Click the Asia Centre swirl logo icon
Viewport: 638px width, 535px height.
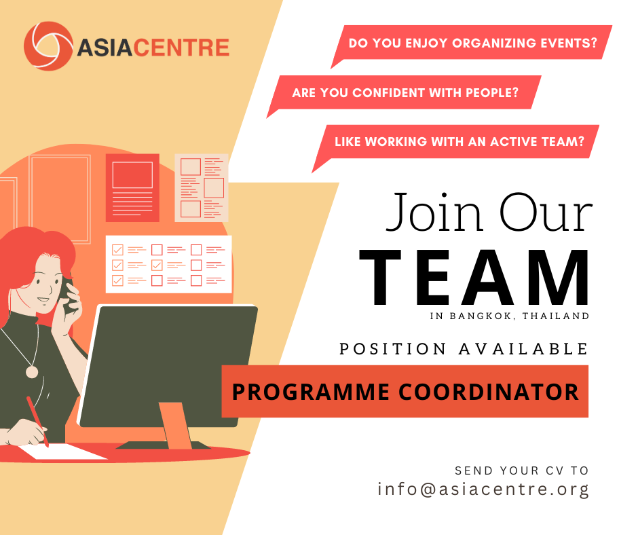point(48,45)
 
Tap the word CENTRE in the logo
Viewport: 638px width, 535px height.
point(181,48)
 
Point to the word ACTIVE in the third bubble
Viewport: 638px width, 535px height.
point(513,142)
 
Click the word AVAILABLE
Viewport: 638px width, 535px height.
point(524,349)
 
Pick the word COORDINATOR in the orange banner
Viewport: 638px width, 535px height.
point(488,392)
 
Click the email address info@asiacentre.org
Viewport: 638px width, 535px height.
point(483,489)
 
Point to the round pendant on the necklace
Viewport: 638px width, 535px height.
point(32,372)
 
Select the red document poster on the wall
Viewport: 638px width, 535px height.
point(132,187)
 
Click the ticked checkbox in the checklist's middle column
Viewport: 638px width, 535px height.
point(157,265)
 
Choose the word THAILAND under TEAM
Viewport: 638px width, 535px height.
point(556,316)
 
